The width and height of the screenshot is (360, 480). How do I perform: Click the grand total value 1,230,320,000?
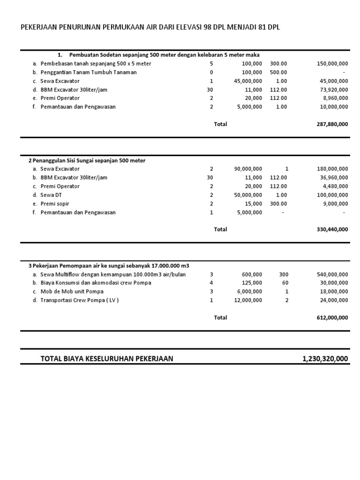tap(325, 359)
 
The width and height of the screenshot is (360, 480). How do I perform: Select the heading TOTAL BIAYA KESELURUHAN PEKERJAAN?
tap(107, 359)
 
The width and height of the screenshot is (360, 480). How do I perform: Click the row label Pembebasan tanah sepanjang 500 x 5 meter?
tap(96, 63)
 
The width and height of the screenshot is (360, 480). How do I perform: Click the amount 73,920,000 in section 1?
tap(334, 90)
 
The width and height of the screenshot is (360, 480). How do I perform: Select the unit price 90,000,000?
tap(248, 169)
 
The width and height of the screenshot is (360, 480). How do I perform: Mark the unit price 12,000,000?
tap(248, 300)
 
